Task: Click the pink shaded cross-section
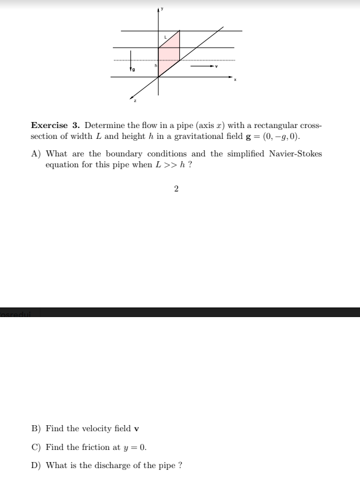(169, 54)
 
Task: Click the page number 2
(176, 189)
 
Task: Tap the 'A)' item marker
(36, 153)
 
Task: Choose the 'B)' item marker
(36, 429)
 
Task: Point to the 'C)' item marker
(36, 448)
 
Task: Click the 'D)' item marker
(36, 466)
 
